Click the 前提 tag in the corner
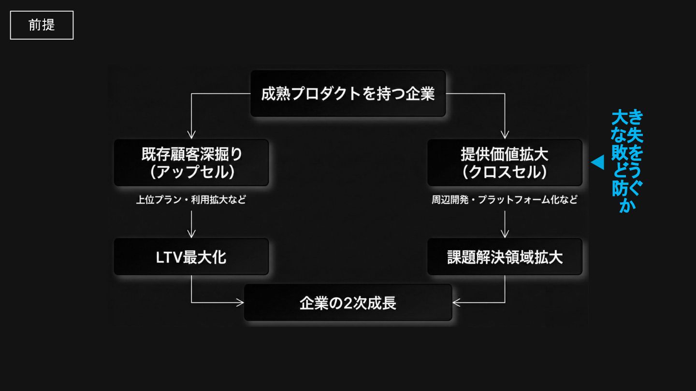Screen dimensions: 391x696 click(x=42, y=25)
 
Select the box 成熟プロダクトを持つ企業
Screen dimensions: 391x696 click(x=348, y=94)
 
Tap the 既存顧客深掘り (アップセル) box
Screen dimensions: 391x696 click(x=191, y=163)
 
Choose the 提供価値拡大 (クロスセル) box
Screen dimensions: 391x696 click(x=505, y=163)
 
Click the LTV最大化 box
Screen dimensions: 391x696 click(x=191, y=257)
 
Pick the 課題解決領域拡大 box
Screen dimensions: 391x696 click(x=505, y=257)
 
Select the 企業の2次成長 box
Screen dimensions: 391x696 click(x=348, y=303)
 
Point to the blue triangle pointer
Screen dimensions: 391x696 click(x=598, y=163)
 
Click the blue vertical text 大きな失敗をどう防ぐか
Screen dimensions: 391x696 click(x=627, y=161)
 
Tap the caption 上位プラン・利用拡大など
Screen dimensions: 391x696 click(x=191, y=199)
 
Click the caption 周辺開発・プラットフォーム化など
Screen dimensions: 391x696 click(x=505, y=199)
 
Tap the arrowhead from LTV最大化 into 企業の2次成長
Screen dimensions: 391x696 click(x=240, y=303)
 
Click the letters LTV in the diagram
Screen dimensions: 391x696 click(x=169, y=257)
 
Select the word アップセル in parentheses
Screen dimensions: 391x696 click(x=192, y=172)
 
